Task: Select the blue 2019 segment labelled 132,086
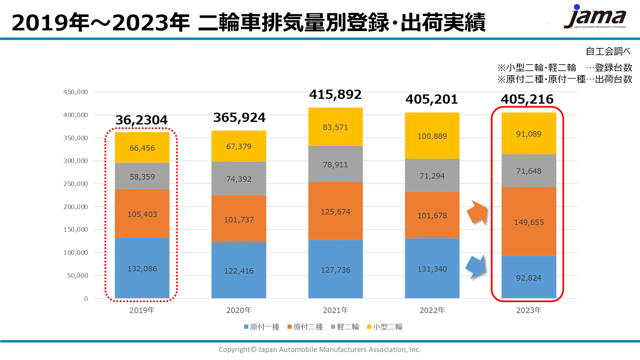coord(142,268)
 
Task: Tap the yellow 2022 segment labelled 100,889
coord(432,136)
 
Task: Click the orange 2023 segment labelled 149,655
coord(529,222)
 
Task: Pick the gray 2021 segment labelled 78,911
coord(335,164)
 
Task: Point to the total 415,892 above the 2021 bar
coord(335,95)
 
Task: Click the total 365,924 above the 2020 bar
coord(239,118)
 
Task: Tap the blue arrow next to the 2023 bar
coord(476,266)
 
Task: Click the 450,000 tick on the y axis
coord(76,92)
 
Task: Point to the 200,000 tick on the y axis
coord(76,207)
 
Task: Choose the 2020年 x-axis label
coord(239,310)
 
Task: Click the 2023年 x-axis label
coord(529,310)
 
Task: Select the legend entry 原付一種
coord(262,327)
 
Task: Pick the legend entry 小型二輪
coord(385,327)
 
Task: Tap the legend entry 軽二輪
coord(345,327)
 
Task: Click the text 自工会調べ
coord(608,51)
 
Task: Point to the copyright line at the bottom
coord(320,350)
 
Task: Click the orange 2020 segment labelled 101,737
coord(239,219)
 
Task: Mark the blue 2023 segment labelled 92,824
coord(529,278)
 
